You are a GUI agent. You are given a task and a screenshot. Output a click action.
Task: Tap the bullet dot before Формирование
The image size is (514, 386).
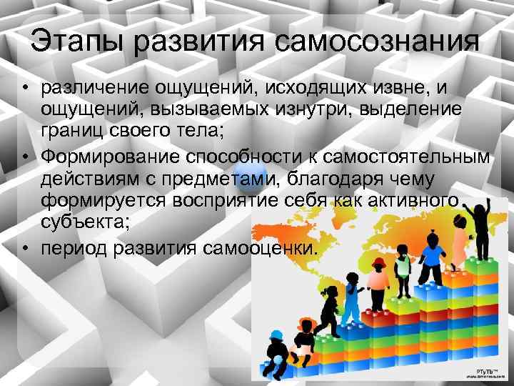[26, 158]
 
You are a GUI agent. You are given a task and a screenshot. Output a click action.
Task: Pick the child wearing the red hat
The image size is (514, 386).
[378, 275]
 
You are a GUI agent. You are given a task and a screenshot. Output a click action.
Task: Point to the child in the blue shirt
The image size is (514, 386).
[431, 254]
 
